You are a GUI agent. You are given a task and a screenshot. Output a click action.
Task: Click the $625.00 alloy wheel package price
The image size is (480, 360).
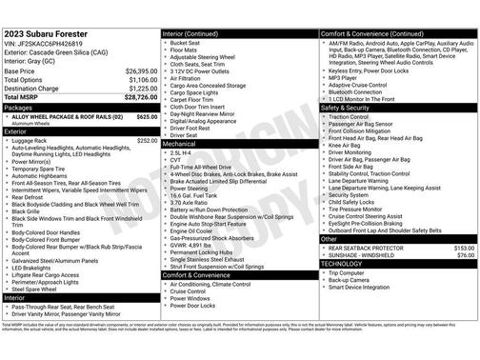click(x=147, y=116)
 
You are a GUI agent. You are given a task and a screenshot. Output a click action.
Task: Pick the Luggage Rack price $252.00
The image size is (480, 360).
click(x=147, y=140)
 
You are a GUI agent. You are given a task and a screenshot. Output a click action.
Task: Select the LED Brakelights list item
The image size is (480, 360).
click(x=37, y=268)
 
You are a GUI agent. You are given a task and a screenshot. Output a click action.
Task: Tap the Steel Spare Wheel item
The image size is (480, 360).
click(x=39, y=289)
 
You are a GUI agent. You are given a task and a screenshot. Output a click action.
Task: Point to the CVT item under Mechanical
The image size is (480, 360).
click(x=177, y=160)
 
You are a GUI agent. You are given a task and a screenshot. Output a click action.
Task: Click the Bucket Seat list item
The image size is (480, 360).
click(x=187, y=42)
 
